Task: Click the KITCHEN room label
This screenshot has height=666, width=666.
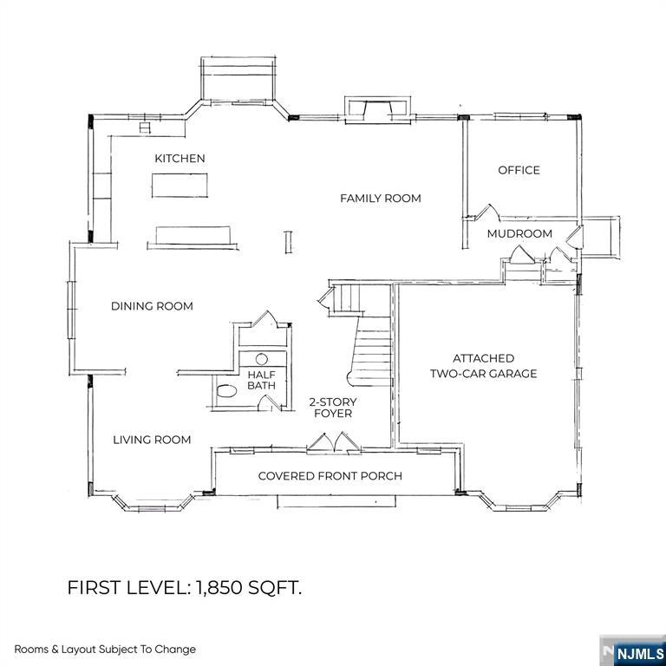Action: [180, 158]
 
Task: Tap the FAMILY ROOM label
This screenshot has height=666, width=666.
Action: [380, 199]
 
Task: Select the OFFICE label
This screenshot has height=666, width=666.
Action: [519, 170]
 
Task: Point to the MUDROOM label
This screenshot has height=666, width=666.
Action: [519, 234]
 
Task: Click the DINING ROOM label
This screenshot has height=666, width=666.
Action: [152, 306]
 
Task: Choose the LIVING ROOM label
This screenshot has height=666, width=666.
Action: [152, 440]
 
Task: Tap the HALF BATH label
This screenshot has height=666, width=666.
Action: [261, 380]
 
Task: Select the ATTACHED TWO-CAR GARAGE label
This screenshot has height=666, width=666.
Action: [484, 366]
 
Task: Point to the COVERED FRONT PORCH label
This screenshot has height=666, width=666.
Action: [330, 476]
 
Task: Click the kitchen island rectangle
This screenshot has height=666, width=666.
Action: [180, 185]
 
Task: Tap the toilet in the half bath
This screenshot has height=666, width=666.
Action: [225, 391]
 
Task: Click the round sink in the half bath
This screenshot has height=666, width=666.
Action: [262, 358]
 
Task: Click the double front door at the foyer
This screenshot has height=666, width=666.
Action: [331, 444]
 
